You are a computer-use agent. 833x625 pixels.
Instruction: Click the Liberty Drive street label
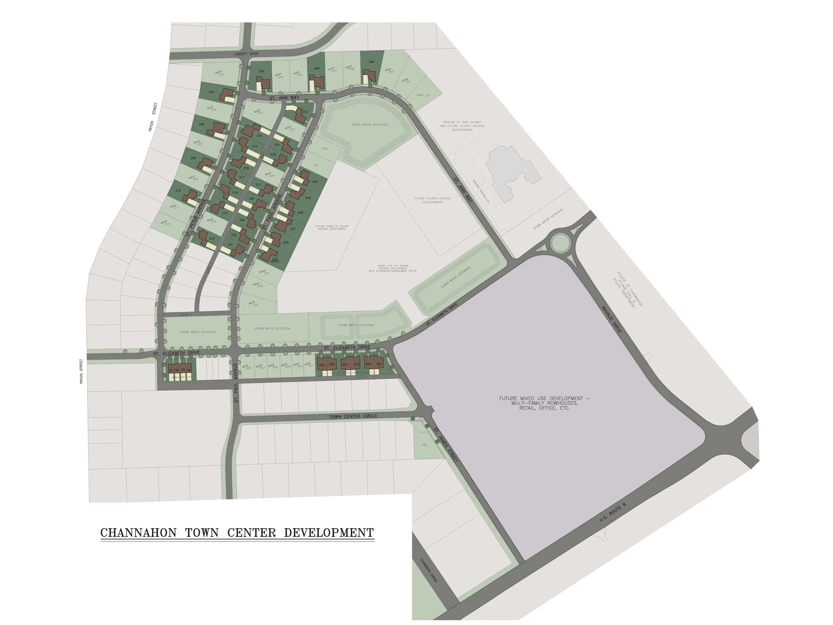[x=246, y=54]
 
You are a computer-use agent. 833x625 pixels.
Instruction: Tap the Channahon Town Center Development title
[x=237, y=533]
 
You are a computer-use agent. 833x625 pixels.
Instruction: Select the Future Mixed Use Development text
[x=544, y=403]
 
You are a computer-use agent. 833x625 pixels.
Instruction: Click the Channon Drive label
[x=428, y=570]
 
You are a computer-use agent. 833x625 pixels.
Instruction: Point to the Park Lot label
[x=423, y=95]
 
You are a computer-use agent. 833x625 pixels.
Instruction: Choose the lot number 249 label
[x=371, y=62]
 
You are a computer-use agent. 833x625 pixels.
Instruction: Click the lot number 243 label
[x=261, y=71]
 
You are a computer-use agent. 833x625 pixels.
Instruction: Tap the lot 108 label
[x=424, y=445]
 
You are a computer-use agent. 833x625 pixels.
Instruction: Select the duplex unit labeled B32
[x=322, y=365]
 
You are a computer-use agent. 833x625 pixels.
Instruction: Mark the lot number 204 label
[x=211, y=92]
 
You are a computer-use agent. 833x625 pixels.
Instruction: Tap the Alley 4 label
[x=186, y=314]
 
